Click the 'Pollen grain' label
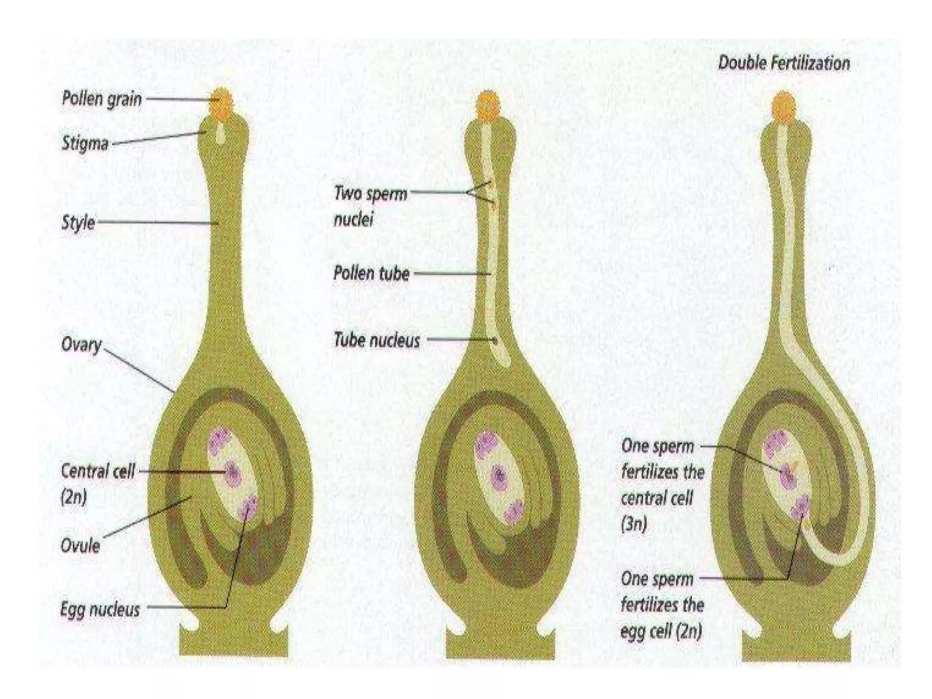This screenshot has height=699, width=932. coord(101,99)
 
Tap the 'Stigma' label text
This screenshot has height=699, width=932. coord(85,143)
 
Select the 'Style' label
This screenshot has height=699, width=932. coord(78,223)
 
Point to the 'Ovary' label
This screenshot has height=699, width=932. coord(81,345)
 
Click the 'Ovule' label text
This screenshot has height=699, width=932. coord(80,545)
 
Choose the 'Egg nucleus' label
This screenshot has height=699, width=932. coord(100,609)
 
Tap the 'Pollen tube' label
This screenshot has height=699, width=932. coord(371,273)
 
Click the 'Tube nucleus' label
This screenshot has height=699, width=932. coord(377,340)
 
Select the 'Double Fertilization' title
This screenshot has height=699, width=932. coord(784,63)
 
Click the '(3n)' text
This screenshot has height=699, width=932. coord(633,524)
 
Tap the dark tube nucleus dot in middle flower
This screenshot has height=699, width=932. coord(495,339)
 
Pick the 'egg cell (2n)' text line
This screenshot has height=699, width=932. coord(661,631)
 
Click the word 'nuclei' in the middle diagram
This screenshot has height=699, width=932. coord(353,219)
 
